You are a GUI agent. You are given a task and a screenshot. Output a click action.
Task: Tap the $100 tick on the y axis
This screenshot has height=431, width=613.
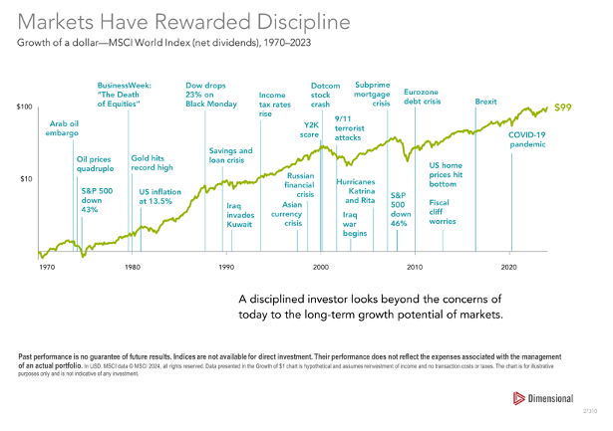coord(25,107)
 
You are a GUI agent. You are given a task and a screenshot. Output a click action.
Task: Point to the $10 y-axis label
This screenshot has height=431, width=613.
coord(27,179)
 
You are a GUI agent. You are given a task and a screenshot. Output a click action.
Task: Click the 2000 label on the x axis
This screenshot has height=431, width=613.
coord(321,269)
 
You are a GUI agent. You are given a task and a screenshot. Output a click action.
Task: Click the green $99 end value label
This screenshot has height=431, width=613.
coord(562,107)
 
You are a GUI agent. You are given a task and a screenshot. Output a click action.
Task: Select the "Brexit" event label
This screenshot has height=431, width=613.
coord(486,102)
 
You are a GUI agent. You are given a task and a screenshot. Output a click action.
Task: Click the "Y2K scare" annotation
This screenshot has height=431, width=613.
coord(310,129)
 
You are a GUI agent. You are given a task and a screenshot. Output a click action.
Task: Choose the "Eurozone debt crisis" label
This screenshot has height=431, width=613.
coord(423,97)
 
